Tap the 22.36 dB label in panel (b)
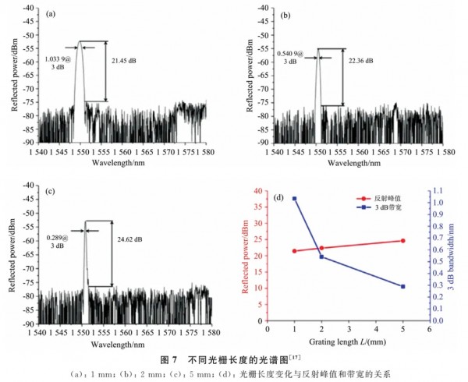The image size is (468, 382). click(x=359, y=61)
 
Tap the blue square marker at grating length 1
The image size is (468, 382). click(x=295, y=199)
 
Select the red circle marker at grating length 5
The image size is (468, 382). click(x=403, y=241)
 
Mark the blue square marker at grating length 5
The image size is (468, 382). click(x=403, y=287)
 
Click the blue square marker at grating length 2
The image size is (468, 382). click(x=322, y=257)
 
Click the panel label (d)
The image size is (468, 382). click(x=279, y=197)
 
